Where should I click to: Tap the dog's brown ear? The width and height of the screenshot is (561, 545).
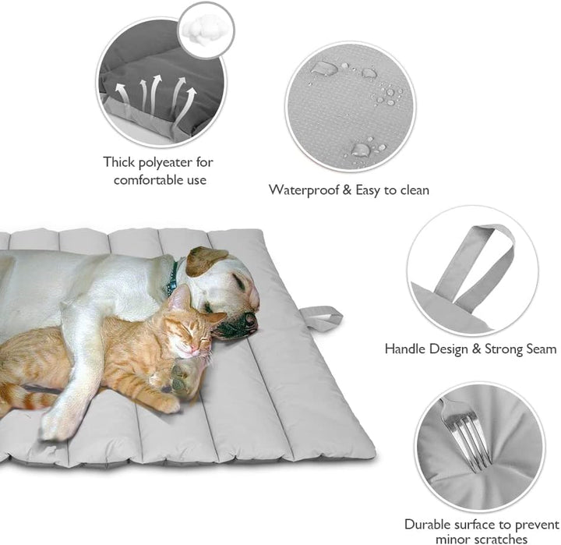[205, 260]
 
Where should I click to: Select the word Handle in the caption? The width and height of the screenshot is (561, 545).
[406, 349]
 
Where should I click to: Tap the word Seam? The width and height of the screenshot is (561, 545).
[540, 349]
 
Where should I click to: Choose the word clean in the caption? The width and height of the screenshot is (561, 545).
[412, 189]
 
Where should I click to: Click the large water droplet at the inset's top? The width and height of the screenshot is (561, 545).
[325, 69]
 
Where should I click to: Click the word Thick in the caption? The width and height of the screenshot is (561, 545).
[119, 162]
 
